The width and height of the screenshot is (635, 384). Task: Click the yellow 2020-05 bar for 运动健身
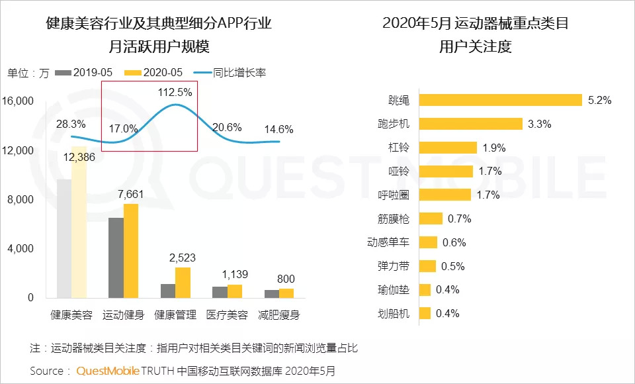pyautogui.click(x=131, y=251)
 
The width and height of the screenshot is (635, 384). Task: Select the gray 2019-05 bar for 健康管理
pyautogui.click(x=167, y=291)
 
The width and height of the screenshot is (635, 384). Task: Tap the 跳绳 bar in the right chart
pyautogui.click(x=501, y=100)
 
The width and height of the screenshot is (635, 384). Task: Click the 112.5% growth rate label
pyautogui.click(x=175, y=93)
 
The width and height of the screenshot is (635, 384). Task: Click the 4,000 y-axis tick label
pyautogui.click(x=21, y=249)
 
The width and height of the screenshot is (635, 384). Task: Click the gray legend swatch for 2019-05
pyautogui.click(x=63, y=72)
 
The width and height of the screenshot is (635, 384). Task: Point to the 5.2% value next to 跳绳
pyautogui.click(x=599, y=101)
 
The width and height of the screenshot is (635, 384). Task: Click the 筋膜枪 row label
pyautogui.click(x=398, y=218)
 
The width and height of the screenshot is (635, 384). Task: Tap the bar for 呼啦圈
pyautogui.click(x=445, y=195)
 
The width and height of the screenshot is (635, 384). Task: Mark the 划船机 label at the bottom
pyautogui.click(x=398, y=313)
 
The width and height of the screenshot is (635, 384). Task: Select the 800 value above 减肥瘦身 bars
pyautogui.click(x=286, y=279)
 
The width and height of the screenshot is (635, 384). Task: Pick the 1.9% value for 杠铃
pyautogui.click(x=494, y=148)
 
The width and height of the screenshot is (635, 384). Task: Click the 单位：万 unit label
pyautogui.click(x=28, y=73)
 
